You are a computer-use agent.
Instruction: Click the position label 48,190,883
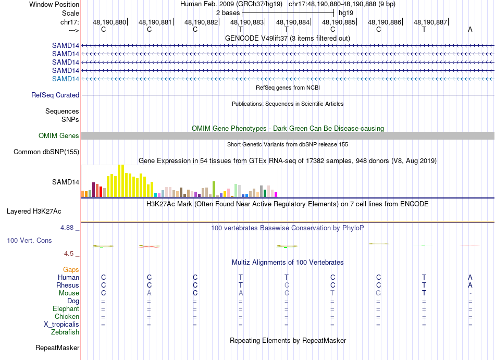tap(247, 22)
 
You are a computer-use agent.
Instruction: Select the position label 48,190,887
tap(430, 22)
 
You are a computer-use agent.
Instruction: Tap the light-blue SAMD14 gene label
tap(66, 79)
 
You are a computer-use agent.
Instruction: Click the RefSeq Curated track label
tap(55, 95)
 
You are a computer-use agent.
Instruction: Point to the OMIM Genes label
tap(59, 136)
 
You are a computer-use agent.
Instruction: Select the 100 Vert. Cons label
tap(29, 241)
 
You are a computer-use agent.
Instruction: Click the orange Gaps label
tap(71, 270)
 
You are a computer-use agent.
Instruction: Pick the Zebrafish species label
tap(65, 332)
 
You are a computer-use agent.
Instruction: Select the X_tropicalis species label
tap(61, 324)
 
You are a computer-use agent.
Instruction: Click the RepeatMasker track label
tap(57, 347)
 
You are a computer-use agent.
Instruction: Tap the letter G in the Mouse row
tap(378, 293)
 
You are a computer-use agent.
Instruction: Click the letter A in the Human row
tap(470, 278)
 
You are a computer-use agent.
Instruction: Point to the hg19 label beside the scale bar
tap(346, 13)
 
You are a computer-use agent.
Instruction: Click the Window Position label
tap(54, 4)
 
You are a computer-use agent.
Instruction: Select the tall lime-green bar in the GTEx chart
tap(214, 189)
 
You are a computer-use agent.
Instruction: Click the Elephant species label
tap(66, 309)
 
